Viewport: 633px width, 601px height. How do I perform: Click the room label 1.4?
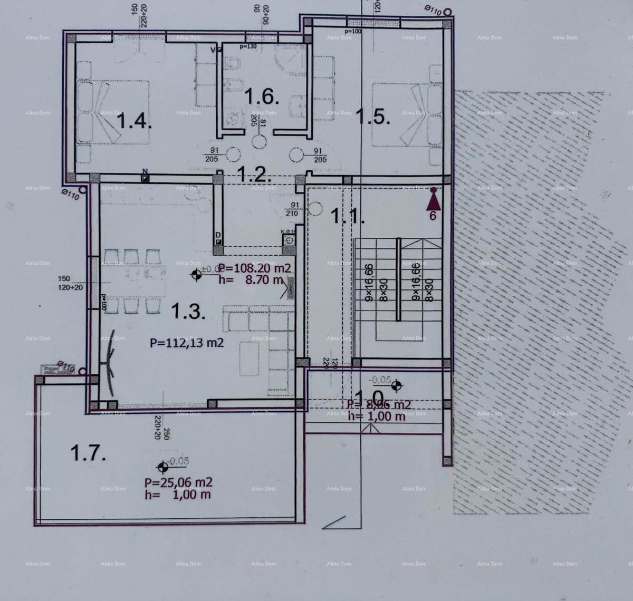coord(134,122)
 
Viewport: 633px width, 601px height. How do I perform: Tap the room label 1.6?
coord(260,97)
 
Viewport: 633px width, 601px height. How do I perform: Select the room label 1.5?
coord(373,117)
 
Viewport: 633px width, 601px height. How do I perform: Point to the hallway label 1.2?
coord(254,173)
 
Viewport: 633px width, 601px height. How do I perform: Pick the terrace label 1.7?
coord(88,452)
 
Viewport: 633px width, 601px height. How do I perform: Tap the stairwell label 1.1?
coord(347,216)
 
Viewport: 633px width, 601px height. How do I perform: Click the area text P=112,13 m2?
coord(187,343)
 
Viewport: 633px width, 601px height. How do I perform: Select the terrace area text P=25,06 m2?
coord(179,482)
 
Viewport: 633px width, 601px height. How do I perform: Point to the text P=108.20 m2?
coord(255,268)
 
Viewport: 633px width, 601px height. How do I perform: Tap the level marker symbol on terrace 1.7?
coord(162,467)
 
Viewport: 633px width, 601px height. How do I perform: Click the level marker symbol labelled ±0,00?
coord(197,274)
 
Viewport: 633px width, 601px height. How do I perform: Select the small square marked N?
coord(145,178)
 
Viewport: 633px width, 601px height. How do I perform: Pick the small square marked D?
coord(218,241)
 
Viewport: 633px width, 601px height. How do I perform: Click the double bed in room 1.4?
coord(113,111)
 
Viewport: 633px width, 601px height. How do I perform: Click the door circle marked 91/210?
coord(316,208)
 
